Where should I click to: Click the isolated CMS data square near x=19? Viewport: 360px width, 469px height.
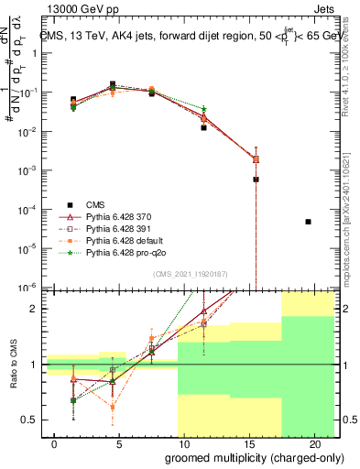(308, 222)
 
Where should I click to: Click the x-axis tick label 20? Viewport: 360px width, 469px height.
(315, 443)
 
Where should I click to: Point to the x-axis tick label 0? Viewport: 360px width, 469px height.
(55, 443)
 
